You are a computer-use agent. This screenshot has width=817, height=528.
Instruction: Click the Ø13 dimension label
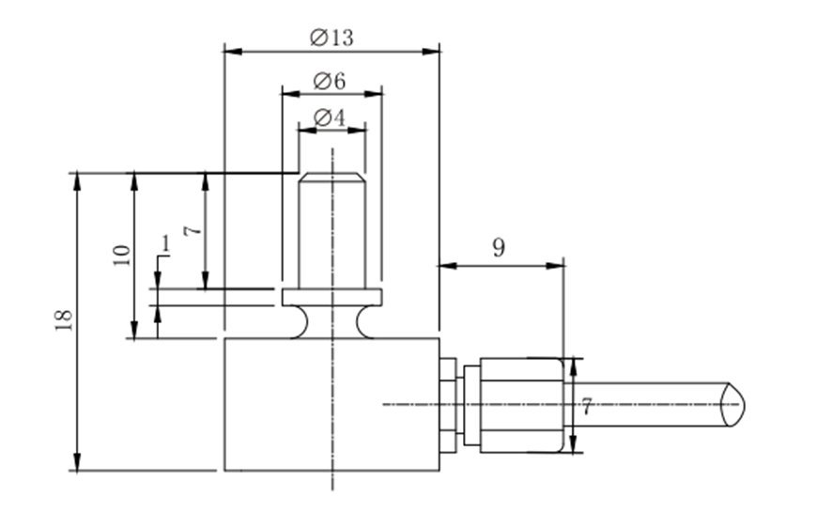(331, 37)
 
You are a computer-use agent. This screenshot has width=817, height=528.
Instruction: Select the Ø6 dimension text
(330, 82)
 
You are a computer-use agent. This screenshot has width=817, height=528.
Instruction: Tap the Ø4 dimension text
(330, 117)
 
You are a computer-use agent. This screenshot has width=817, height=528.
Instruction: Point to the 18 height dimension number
(64, 319)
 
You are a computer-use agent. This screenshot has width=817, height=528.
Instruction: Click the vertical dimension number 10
(121, 255)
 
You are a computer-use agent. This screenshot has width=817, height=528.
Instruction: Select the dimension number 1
(165, 244)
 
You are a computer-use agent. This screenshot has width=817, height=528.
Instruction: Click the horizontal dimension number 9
(499, 248)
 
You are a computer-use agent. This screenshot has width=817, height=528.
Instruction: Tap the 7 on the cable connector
(586, 407)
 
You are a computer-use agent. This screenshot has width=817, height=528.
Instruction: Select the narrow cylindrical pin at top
(331, 230)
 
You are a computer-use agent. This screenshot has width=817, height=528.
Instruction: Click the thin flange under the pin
(332, 298)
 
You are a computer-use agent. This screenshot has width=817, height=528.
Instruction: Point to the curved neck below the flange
(332, 321)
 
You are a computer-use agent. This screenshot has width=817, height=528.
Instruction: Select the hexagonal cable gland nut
(522, 404)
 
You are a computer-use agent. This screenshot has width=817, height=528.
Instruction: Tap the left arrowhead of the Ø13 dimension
(228, 49)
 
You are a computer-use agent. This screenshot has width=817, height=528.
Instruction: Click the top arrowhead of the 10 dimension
(134, 179)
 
